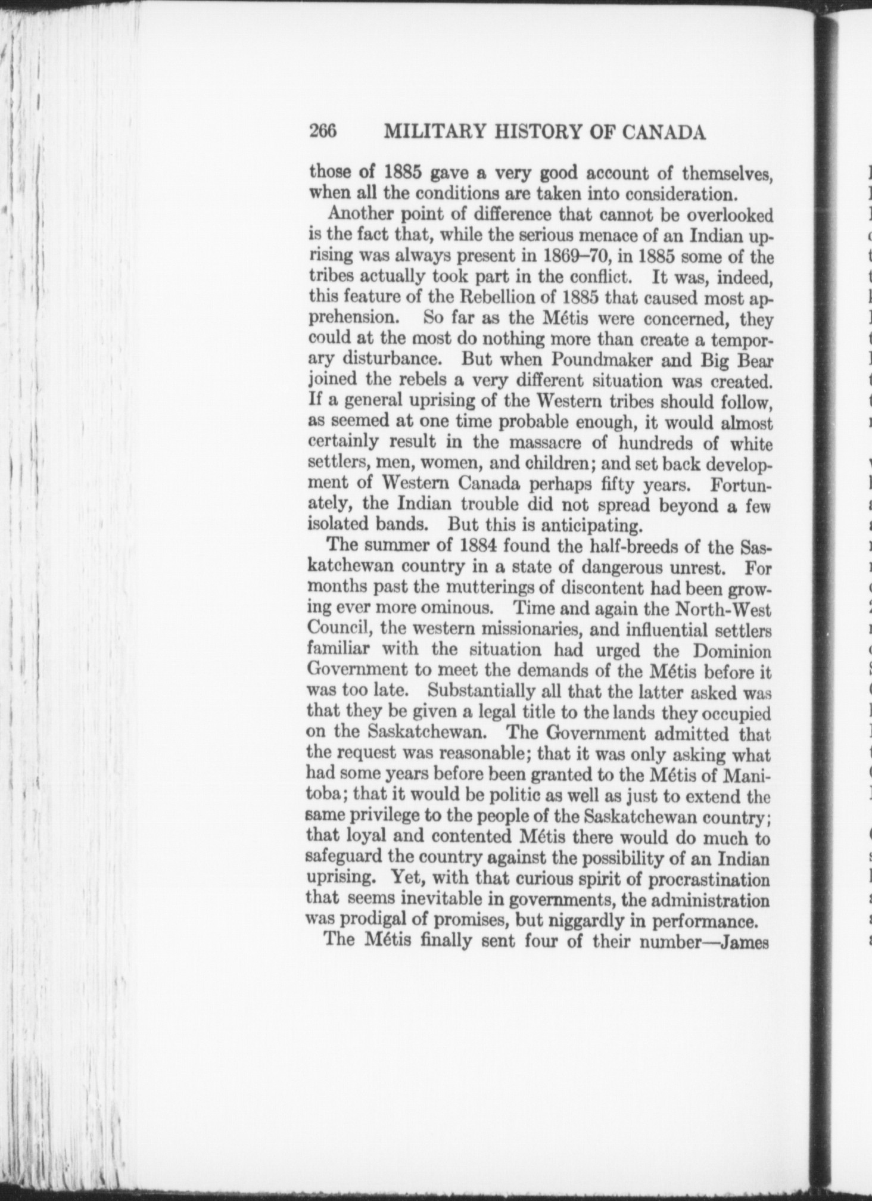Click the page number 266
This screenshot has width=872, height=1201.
[323, 131]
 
